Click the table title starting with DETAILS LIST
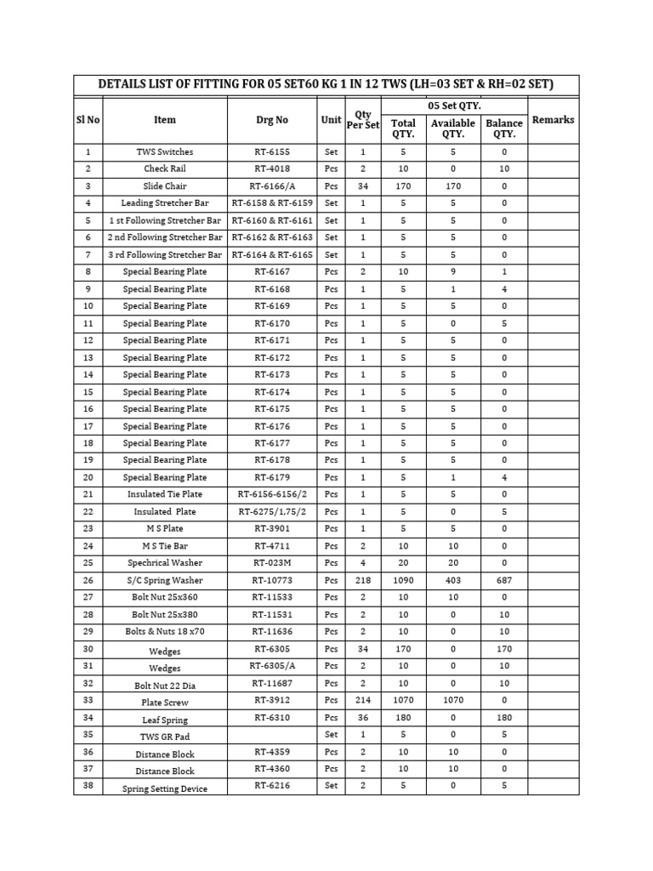[326, 84]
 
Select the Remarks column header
[553, 120]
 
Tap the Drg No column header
[271, 120]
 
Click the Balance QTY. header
[504, 128]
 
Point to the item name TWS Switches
[165, 151]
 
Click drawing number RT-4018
[271, 168]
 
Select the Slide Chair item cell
[165, 185]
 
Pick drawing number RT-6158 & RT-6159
[271, 203]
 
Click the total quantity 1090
[403, 580]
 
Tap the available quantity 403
[452, 580]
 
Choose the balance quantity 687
[504, 580]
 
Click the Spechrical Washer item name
[165, 563]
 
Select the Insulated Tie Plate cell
[165, 494]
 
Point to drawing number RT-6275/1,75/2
[271, 512]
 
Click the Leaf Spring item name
[165, 720]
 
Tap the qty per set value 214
[363, 701]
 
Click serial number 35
[88, 734]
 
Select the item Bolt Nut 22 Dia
[165, 685]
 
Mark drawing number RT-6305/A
[271, 666]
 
